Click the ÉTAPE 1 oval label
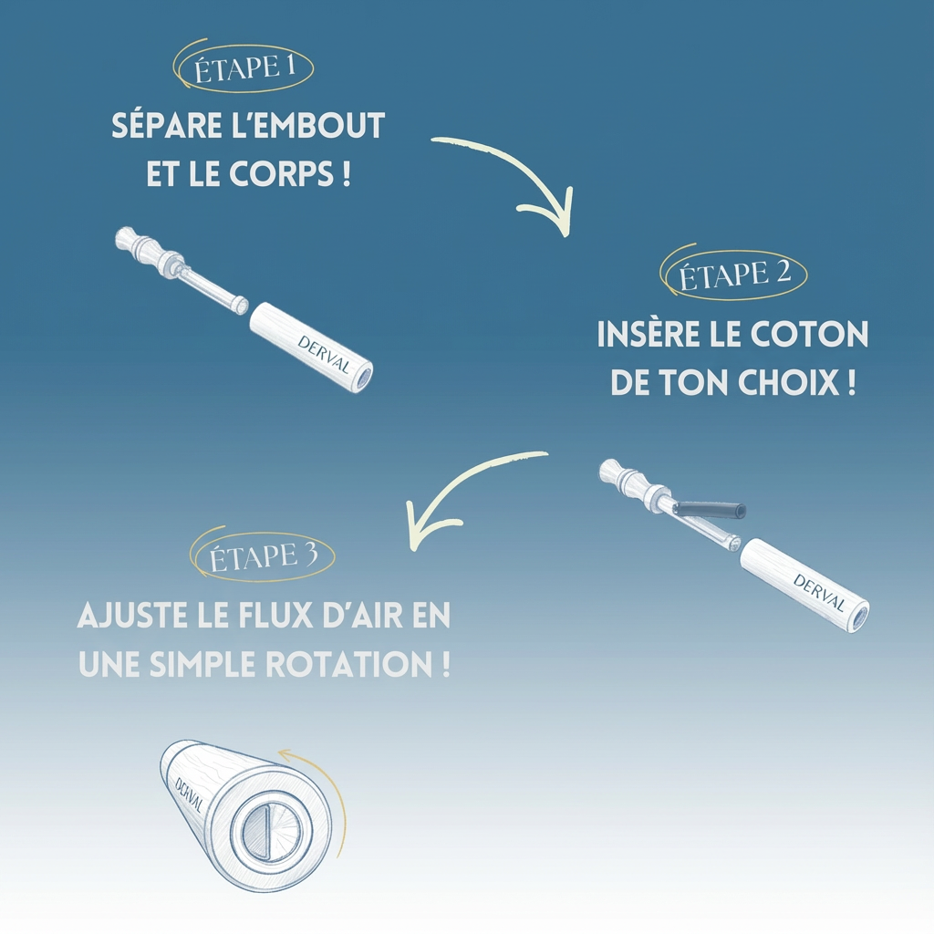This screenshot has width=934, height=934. [244, 68]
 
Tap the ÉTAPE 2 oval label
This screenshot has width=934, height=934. [735, 273]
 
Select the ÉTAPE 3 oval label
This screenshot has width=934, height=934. [264, 555]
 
